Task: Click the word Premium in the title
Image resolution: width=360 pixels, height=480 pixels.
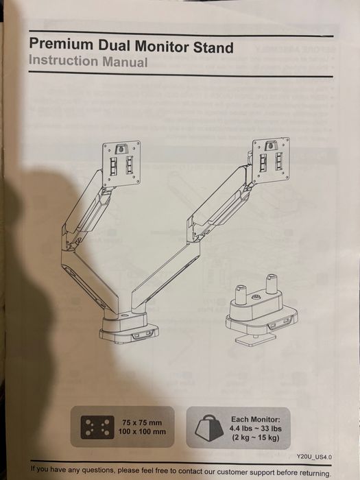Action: coord(61,45)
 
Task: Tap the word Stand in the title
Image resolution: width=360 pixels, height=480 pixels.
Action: coord(213,47)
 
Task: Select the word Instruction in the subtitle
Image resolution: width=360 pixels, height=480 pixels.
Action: coord(64,60)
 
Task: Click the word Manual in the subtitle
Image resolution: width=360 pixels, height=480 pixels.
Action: coord(125,62)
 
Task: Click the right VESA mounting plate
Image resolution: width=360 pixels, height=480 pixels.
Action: coord(271,160)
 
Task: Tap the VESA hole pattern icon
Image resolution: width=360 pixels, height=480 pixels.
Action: coord(97,427)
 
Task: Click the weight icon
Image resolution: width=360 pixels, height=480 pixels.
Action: coord(209,428)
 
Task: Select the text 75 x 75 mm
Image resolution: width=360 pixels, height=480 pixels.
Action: coord(142,423)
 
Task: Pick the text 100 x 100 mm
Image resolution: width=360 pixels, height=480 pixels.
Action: coord(142,432)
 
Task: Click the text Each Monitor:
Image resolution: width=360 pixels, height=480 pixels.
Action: coord(255,420)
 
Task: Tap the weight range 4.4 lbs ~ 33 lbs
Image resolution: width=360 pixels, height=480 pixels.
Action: coord(255,429)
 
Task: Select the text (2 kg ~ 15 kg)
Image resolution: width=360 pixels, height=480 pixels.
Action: coord(255,437)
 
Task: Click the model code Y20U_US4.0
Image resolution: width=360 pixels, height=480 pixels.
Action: coord(314,457)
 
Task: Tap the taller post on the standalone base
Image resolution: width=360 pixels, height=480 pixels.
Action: coord(272,284)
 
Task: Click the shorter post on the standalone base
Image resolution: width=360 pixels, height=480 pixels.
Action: coord(241,295)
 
